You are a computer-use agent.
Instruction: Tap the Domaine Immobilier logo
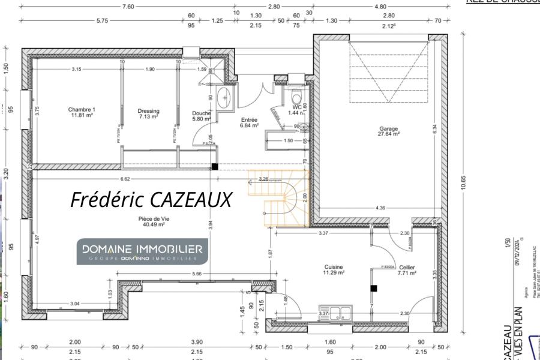coord(142,251)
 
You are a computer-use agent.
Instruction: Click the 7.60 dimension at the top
coord(128,6)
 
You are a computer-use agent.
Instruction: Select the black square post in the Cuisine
coord(373,289)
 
